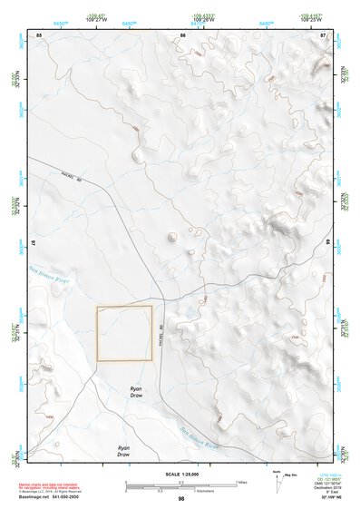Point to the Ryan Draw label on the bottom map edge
point(124,451)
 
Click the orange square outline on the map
point(124,333)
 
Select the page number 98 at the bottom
point(181,499)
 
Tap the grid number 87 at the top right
point(324,34)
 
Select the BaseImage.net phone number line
point(50,499)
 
